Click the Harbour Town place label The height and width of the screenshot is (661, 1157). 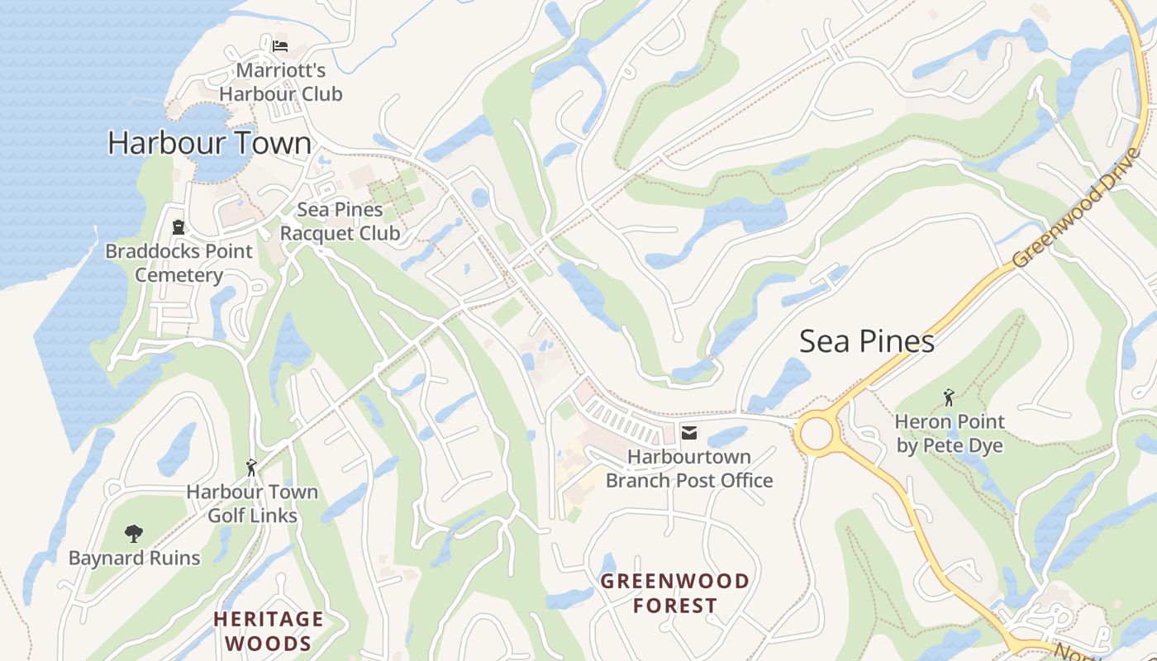(x=210, y=143)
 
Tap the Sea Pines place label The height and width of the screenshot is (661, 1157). (x=866, y=341)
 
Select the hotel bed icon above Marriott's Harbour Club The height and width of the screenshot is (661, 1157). (x=280, y=45)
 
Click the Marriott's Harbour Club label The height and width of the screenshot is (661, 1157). (x=280, y=82)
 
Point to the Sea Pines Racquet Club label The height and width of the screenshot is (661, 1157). (x=340, y=221)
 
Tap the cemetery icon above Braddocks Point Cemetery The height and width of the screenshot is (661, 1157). (x=179, y=226)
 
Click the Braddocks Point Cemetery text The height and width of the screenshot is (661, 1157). (x=179, y=263)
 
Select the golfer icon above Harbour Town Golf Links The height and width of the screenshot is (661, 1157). (x=251, y=468)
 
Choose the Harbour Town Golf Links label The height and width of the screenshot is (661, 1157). (x=251, y=503)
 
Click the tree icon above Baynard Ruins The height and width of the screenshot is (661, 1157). (x=134, y=534)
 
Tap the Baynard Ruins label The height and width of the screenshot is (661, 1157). (x=134, y=558)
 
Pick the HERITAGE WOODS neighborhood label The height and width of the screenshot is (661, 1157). (x=269, y=630)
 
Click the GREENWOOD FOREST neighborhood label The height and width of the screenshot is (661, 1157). (x=674, y=592)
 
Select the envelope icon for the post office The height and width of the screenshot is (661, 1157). (x=688, y=432)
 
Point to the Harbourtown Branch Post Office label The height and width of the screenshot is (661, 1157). (x=689, y=468)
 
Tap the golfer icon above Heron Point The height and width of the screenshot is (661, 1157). (x=949, y=397)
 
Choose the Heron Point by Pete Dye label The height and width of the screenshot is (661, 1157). (x=949, y=434)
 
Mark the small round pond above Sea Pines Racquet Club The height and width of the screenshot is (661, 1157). (x=480, y=197)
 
